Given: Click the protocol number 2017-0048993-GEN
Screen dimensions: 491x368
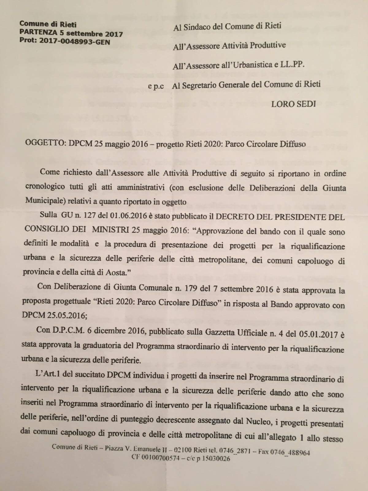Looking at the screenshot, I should pos(75,41).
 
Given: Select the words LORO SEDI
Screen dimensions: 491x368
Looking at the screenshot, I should pos(293,104).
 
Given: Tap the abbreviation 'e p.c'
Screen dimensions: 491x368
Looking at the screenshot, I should pos(156,87).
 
